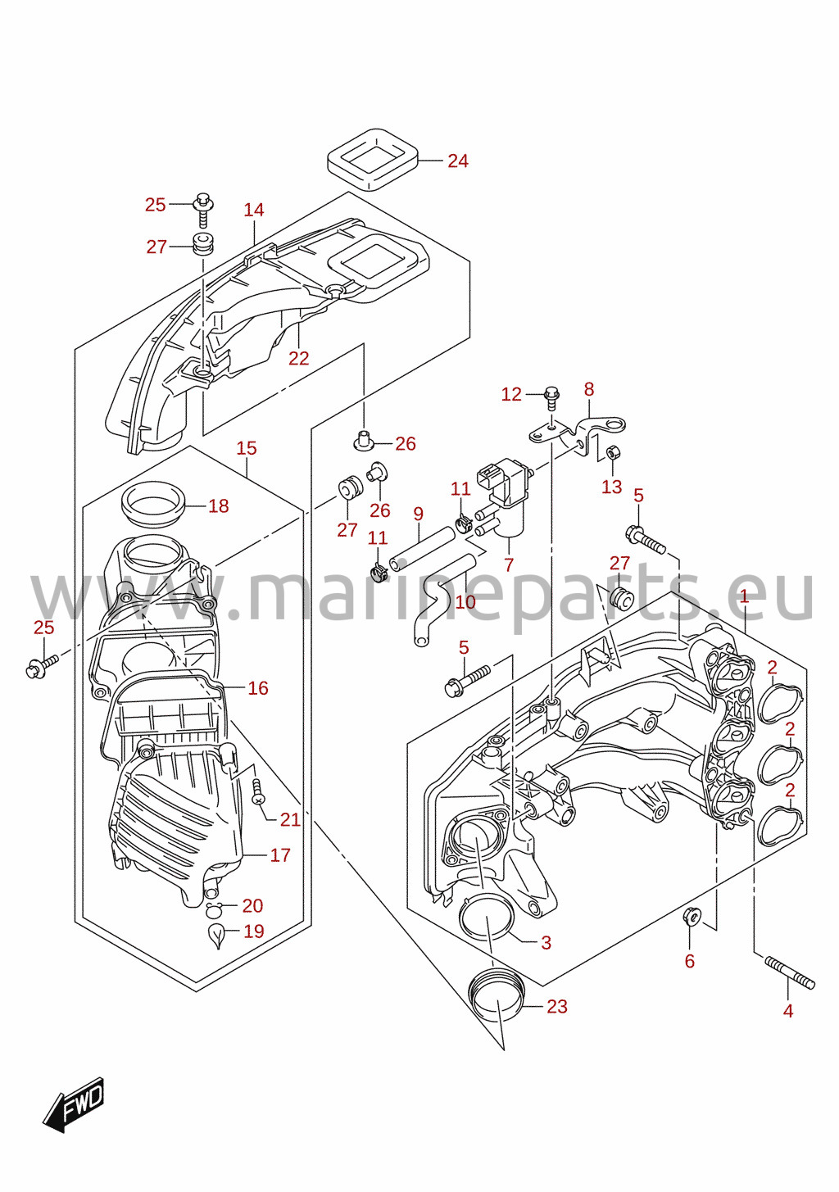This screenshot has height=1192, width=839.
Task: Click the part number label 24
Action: [x=458, y=161]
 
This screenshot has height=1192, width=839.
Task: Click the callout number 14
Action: [x=254, y=210]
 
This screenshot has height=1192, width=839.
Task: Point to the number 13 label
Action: [x=612, y=487]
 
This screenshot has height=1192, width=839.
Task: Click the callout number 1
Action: [x=744, y=596]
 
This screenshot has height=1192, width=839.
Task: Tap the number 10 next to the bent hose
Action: [x=465, y=602]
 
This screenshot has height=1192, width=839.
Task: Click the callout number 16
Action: [x=258, y=688]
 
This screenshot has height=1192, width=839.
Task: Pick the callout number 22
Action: [x=299, y=358]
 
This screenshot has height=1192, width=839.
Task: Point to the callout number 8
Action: [x=589, y=389]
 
